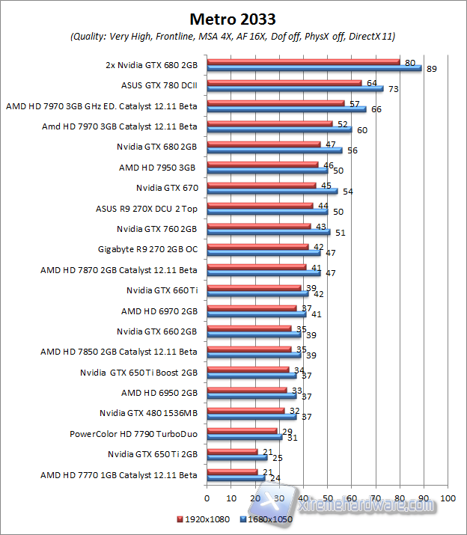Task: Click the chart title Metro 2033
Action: (x=232, y=17)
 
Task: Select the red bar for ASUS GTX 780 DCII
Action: (x=284, y=83)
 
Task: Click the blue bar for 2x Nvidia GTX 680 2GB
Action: (x=314, y=69)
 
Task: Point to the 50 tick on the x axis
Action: (x=328, y=498)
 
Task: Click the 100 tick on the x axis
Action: (x=448, y=498)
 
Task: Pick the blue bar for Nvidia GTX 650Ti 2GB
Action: (x=236, y=456)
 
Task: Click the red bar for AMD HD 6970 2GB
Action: (x=251, y=307)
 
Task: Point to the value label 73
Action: (x=391, y=89)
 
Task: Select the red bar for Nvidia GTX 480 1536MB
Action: (x=245, y=409)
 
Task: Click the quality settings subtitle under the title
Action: (x=233, y=36)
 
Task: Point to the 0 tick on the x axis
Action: (x=207, y=498)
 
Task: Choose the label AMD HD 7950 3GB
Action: (x=157, y=167)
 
